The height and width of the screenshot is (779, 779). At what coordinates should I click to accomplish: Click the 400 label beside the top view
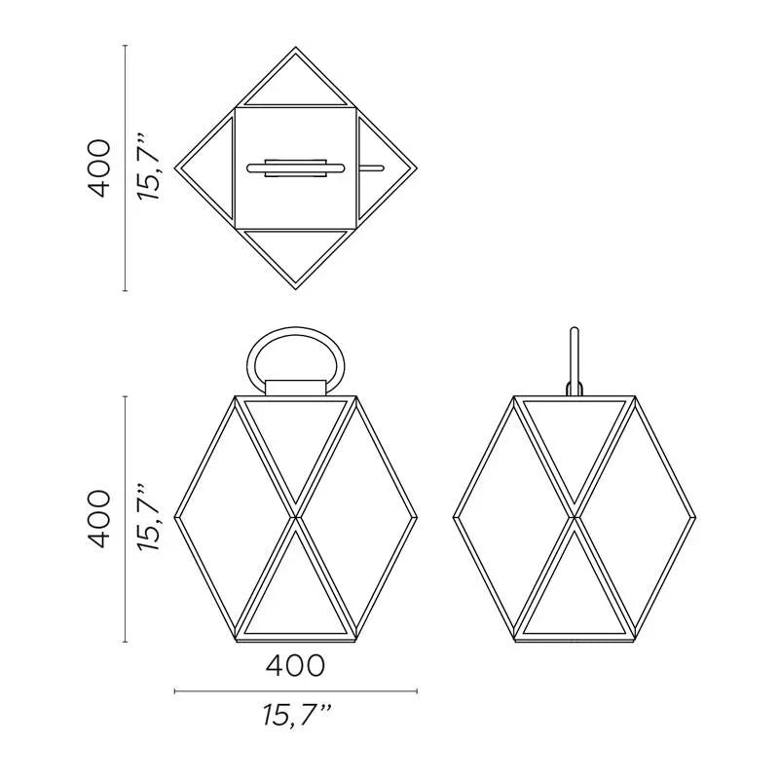point(99,167)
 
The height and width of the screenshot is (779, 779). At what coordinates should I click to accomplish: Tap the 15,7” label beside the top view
point(150,167)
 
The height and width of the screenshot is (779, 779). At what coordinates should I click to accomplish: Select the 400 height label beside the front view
point(99,519)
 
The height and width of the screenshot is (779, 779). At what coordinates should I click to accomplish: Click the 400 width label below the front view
point(296,665)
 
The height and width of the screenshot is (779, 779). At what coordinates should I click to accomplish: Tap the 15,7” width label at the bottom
point(297,716)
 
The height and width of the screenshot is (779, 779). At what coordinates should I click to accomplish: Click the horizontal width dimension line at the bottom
point(296,691)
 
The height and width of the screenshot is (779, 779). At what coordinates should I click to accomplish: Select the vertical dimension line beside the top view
point(125,167)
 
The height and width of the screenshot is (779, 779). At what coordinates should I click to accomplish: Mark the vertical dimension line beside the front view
point(125,519)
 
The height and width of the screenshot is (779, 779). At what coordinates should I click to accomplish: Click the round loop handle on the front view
point(296,328)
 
